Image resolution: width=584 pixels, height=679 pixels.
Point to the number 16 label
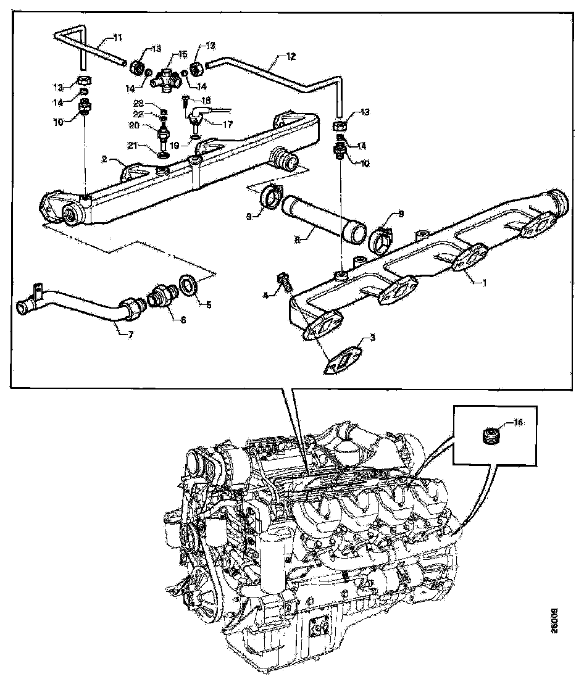[x=518, y=423]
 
